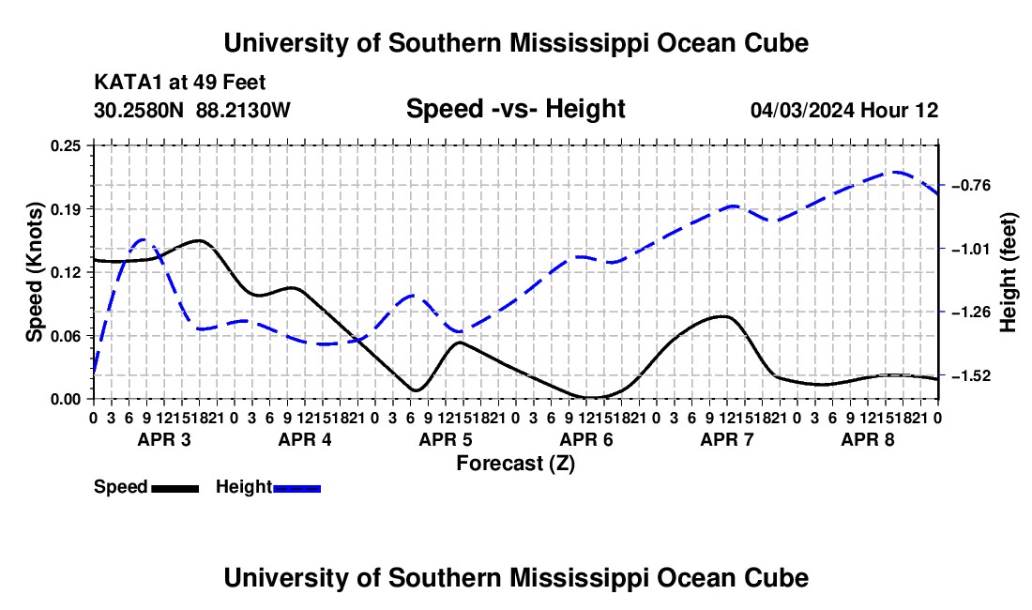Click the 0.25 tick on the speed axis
click(x=66, y=145)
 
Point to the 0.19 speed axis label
click(x=66, y=209)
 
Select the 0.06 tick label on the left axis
click(x=66, y=336)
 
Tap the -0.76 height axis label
click(x=971, y=186)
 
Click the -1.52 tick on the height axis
click(x=971, y=375)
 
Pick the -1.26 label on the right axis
click(x=971, y=312)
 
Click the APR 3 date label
click(x=164, y=439)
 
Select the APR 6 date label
click(x=586, y=439)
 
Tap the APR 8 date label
click(x=868, y=439)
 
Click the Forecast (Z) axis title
click(x=516, y=464)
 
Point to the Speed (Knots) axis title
click(x=34, y=272)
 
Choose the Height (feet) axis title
click(x=1008, y=272)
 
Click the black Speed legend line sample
click(x=175, y=488)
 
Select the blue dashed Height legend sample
click(x=296, y=488)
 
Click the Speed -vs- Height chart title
click(x=515, y=109)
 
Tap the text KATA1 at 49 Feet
click(x=180, y=83)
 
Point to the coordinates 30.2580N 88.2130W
click(x=191, y=110)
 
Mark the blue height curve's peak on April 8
click(x=895, y=172)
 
